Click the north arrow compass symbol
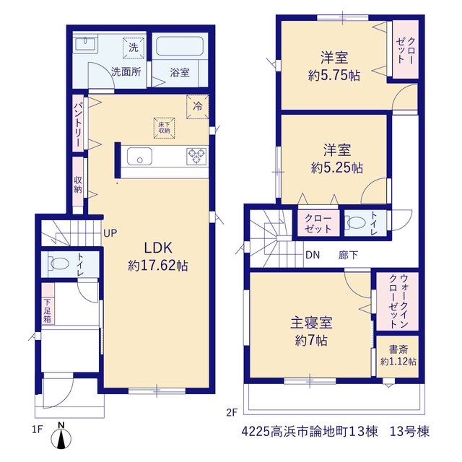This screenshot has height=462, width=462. click(x=61, y=438)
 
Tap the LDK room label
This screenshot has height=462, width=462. click(x=158, y=248)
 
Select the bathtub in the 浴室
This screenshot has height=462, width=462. click(x=180, y=46)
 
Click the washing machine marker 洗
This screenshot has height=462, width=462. click(x=134, y=48)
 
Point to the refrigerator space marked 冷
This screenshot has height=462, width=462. click(x=198, y=106)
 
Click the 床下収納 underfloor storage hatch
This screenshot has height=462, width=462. click(x=164, y=128)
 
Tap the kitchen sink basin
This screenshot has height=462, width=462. click(x=139, y=156)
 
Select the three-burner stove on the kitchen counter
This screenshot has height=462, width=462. click(x=196, y=156)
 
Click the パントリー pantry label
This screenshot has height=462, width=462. click(x=78, y=124)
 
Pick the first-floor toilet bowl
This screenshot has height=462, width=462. click(x=58, y=263)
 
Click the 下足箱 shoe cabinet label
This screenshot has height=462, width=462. click(x=48, y=311)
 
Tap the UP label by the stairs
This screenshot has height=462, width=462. click(x=110, y=233)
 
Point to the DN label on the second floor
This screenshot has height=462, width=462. click(x=313, y=255)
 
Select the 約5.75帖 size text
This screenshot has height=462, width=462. click(x=334, y=75)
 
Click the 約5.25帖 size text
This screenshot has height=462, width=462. click(x=337, y=168)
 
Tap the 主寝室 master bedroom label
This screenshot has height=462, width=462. click(x=311, y=323)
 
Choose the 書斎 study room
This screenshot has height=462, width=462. click(x=398, y=356)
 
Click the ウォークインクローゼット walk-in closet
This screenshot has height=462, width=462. click(x=398, y=301)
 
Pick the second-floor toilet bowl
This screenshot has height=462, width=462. click(x=355, y=223)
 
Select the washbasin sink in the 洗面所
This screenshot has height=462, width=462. click(x=86, y=45)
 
